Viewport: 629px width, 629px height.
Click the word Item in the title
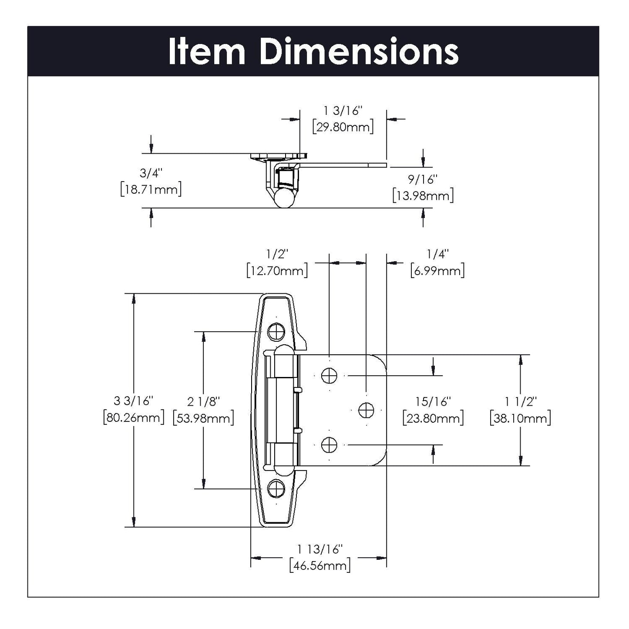click(207, 52)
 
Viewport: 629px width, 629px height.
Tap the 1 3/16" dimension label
click(343, 111)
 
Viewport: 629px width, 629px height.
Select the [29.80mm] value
click(343, 128)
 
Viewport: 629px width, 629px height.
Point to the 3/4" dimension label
click(151, 173)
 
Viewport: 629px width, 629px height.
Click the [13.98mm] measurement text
click(423, 195)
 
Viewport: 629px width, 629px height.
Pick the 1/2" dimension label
click(277, 254)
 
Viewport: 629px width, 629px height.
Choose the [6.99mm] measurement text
click(437, 271)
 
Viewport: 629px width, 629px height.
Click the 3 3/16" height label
click(134, 400)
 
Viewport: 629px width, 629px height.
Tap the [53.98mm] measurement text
click(203, 418)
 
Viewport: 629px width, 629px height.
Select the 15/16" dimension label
click(433, 401)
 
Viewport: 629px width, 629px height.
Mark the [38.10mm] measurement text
click(520, 418)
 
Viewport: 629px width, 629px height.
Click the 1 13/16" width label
click(320, 549)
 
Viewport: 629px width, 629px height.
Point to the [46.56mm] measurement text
click(320, 566)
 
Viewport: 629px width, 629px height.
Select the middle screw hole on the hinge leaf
click(366, 410)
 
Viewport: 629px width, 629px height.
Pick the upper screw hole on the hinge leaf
click(329, 375)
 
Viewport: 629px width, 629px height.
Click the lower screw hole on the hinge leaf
click(329, 445)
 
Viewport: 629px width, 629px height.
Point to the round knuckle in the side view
click(283, 198)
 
